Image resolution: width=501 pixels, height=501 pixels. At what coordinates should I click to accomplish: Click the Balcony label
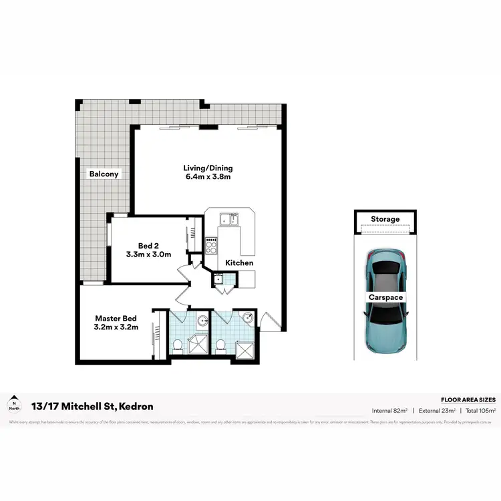point(104,174)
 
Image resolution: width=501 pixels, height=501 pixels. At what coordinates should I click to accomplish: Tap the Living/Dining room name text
point(208,168)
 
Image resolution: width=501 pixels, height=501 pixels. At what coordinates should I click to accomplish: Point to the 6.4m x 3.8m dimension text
point(208,178)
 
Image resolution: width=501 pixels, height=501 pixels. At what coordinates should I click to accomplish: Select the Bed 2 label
point(148,244)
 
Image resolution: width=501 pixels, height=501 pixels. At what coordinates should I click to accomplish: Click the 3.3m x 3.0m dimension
point(148,255)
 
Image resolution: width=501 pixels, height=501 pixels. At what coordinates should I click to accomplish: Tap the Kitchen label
point(238,263)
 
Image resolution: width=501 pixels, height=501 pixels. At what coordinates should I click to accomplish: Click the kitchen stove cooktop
point(212,245)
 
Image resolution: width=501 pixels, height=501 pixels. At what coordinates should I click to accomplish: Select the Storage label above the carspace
point(385,219)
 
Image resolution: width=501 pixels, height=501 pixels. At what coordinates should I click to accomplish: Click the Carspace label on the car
point(385,297)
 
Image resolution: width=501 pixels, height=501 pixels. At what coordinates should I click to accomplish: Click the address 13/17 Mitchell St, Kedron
point(92,406)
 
